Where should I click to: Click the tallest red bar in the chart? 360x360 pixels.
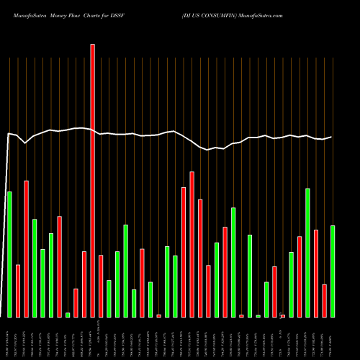(93, 180)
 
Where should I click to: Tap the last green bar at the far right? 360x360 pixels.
(333, 271)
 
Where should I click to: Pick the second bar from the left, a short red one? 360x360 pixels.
(18, 291)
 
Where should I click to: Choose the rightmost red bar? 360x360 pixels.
(325, 300)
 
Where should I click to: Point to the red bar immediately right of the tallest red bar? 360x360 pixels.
(101, 286)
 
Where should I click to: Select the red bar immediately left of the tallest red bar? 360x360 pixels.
(84, 284)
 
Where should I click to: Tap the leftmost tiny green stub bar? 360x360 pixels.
(68, 315)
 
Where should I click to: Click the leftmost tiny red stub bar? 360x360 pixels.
(159, 315)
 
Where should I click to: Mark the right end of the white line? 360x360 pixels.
(332, 137)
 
